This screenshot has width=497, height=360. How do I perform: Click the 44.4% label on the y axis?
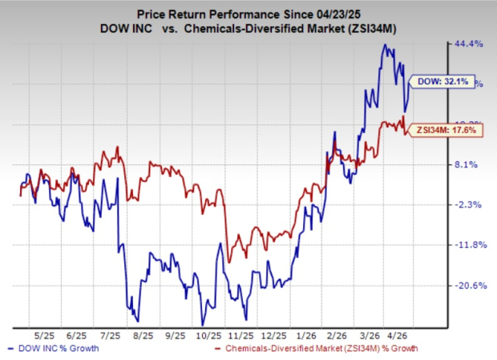(x=467, y=44)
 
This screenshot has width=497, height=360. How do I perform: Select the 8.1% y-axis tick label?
(x=467, y=165)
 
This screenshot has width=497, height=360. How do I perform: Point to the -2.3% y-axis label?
(x=467, y=205)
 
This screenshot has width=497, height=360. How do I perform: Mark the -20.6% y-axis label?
(x=467, y=285)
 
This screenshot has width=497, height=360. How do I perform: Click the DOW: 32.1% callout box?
(x=443, y=81)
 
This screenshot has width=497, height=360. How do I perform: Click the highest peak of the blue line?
(x=385, y=45)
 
